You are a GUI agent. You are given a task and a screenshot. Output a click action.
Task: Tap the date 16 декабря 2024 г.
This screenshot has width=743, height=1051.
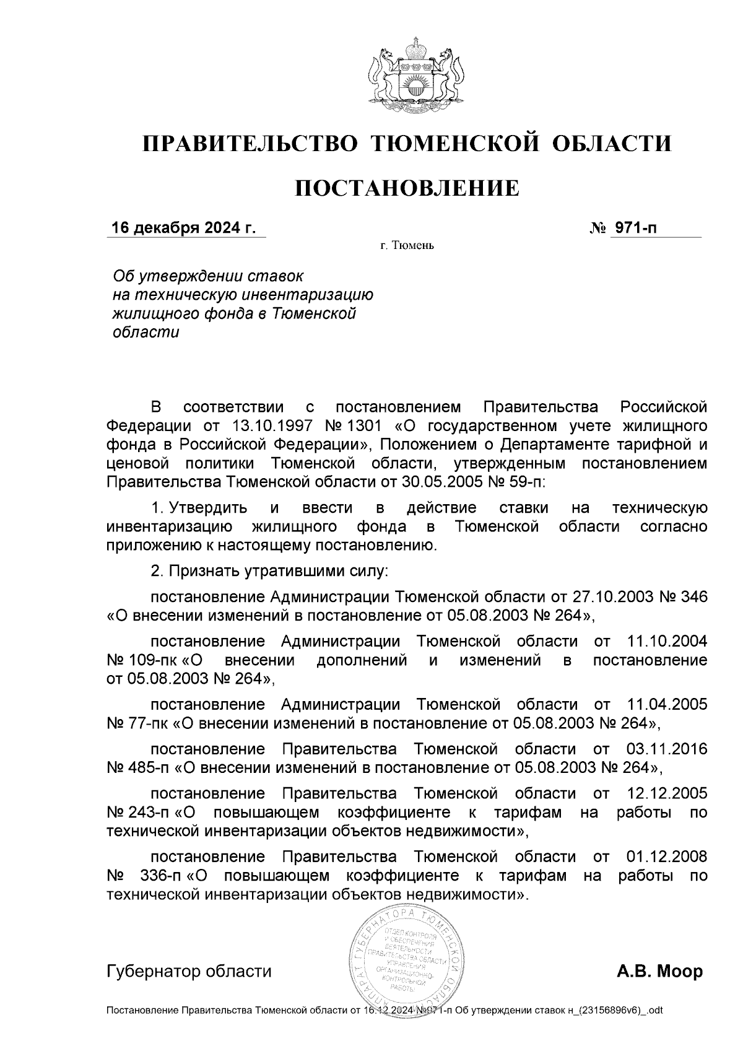[x=183, y=229]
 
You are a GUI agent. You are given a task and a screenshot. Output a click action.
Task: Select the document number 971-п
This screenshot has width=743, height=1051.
[x=635, y=229]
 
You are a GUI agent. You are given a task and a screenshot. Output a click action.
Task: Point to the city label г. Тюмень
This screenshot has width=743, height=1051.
[x=407, y=246]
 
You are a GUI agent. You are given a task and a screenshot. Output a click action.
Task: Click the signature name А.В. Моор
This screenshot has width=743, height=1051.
[x=659, y=971]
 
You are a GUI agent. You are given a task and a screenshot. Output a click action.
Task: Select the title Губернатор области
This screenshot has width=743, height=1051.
[x=189, y=971]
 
